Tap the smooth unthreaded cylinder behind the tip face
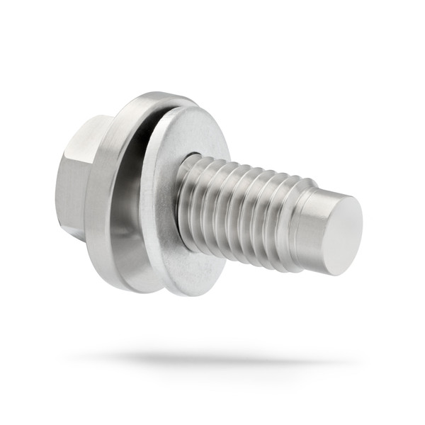click(x=310, y=227)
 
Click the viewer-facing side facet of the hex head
click(x=71, y=188)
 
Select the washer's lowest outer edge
click(x=177, y=293)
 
